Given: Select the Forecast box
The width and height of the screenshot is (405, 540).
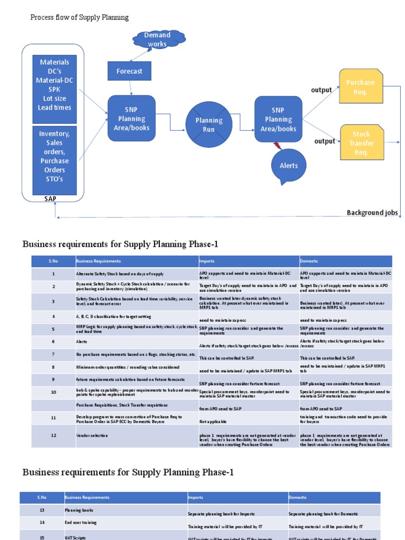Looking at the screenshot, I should tap(129, 71).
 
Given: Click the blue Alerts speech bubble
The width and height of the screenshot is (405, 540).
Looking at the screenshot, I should tap(288, 166).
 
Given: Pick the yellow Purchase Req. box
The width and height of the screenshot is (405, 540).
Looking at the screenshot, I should tap(360, 87).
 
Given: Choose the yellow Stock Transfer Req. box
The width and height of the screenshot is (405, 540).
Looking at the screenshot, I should tap(361, 143).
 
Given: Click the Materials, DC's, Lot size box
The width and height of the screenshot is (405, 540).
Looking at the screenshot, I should tap(54, 85).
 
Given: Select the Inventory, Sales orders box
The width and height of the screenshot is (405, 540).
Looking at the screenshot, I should tap(54, 156).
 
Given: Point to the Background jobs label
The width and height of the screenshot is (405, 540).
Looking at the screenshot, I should tap(372, 213).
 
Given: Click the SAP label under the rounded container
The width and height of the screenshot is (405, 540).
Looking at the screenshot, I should tap(51, 198).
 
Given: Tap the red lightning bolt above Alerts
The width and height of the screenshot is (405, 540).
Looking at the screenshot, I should tap(277, 145).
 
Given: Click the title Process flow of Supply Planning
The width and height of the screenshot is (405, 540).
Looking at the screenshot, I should tap(80, 17).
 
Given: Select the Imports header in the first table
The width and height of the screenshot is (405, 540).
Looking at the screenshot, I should tap(207, 261).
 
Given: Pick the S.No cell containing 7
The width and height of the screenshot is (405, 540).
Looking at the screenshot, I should tap(53, 354).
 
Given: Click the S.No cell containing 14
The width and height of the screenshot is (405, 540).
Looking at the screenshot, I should tap(41, 523).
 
